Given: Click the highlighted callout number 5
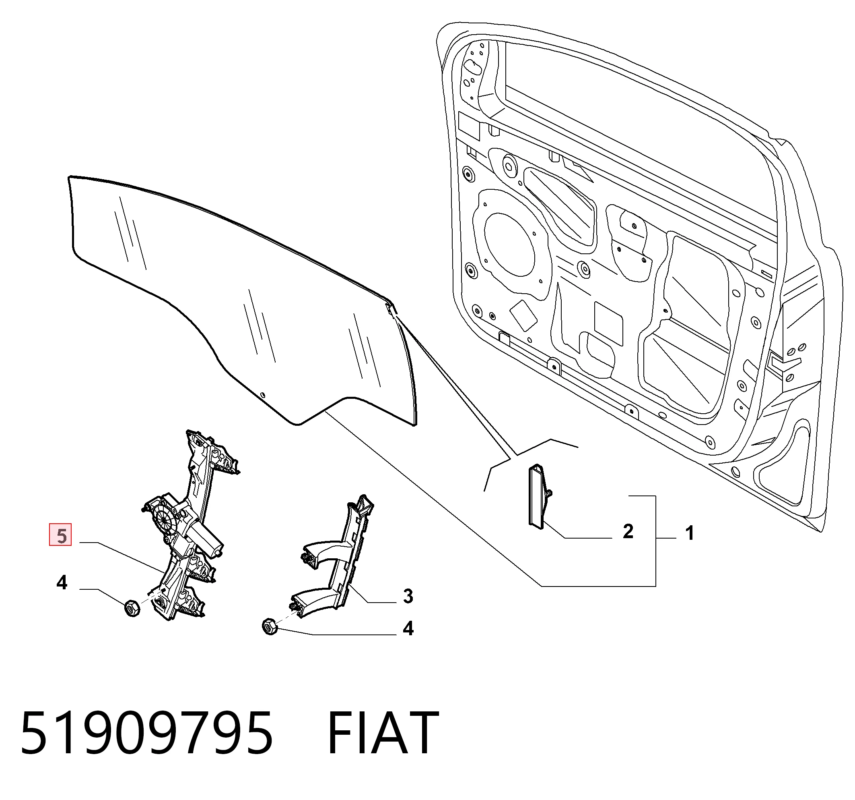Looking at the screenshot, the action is [61, 536].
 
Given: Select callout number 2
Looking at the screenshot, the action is [628, 532].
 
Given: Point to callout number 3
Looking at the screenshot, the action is [408, 596].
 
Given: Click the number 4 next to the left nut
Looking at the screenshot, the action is [62, 583].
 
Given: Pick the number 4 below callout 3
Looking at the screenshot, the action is [408, 629].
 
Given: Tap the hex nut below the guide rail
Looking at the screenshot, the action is [270, 626].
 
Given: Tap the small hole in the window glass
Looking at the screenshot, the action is [263, 395].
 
